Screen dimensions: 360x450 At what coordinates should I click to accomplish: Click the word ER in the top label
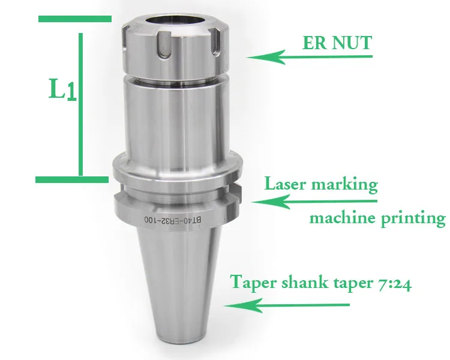click(x=314, y=44)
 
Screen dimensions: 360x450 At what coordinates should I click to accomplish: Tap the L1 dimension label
click(x=62, y=91)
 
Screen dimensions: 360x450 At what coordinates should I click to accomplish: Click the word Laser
click(x=286, y=184)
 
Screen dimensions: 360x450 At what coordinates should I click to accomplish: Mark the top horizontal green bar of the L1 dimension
click(x=74, y=19)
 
